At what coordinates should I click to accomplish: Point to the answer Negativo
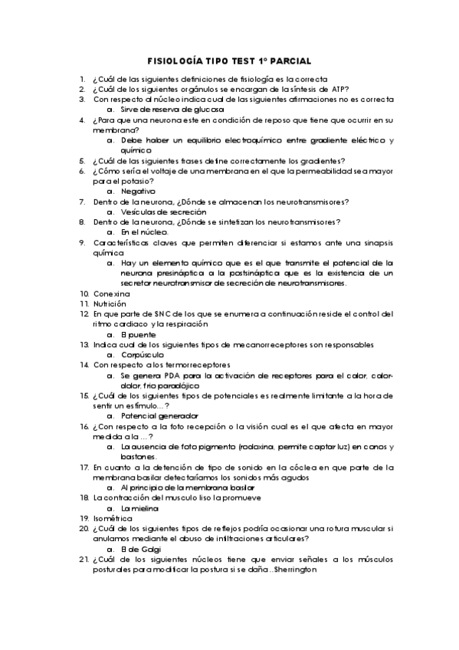139,191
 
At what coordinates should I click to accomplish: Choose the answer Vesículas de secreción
163,212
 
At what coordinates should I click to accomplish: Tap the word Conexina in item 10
112,294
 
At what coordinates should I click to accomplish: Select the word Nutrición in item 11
110,304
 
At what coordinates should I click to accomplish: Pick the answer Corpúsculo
145,355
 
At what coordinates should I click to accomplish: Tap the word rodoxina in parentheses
254,447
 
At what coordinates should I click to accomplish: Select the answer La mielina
140,508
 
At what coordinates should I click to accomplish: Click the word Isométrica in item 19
113,519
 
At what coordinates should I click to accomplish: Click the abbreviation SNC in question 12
154,314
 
